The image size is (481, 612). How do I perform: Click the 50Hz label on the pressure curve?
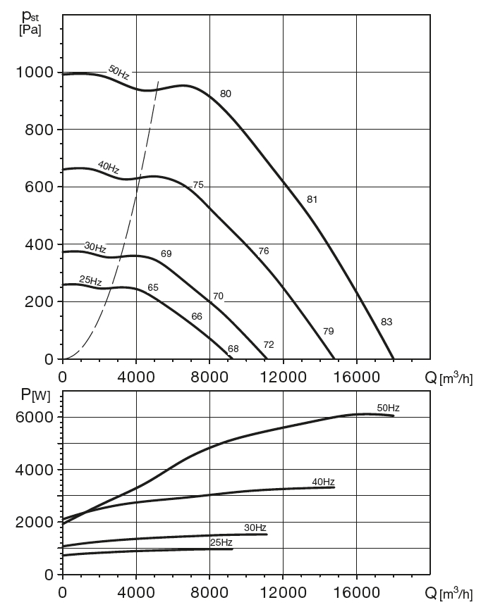pyautogui.click(x=118, y=71)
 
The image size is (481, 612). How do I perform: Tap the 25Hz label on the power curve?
pyautogui.click(x=221, y=542)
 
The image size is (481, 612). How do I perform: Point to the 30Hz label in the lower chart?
pyautogui.click(x=255, y=527)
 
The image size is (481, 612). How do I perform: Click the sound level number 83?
pyautogui.click(x=386, y=322)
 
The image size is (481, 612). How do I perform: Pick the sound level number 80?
pyautogui.click(x=226, y=94)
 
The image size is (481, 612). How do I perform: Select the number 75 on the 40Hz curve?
pyautogui.click(x=198, y=185)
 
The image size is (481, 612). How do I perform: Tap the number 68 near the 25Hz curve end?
pyautogui.click(x=233, y=348)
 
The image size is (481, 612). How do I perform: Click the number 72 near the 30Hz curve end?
pyautogui.click(x=269, y=344)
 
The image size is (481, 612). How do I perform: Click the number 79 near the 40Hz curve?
pyautogui.click(x=328, y=331)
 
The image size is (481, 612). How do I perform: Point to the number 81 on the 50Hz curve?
pyautogui.click(x=312, y=199)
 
